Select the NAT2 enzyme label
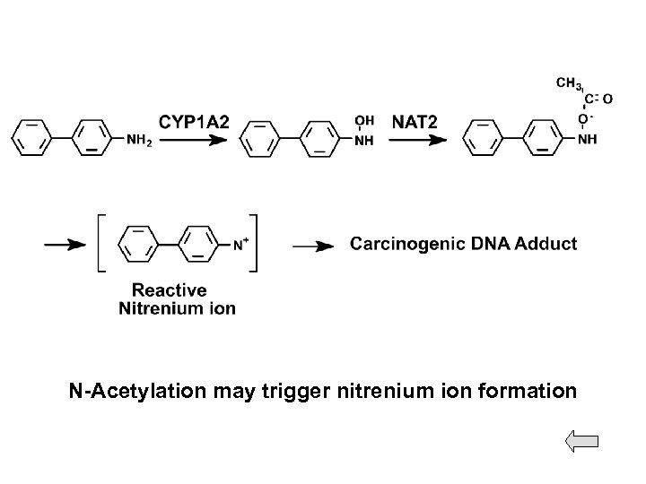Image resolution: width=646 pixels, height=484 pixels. [x=415, y=120]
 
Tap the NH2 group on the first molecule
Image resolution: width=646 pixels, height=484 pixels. [x=138, y=140]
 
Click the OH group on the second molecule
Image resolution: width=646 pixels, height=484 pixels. [x=365, y=121]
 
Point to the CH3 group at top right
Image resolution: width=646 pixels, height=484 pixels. [x=568, y=83]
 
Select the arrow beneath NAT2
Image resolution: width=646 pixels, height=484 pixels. [x=416, y=140]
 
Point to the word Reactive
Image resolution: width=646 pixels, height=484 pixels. [x=170, y=290]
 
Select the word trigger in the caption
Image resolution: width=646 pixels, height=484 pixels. [x=307, y=392]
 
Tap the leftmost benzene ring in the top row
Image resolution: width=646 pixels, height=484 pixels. [x=31, y=139]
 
